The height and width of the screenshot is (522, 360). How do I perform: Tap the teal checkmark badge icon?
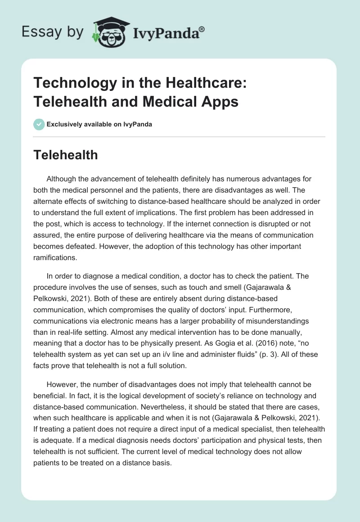point(39,124)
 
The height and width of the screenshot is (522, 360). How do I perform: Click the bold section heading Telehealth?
point(66,155)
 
